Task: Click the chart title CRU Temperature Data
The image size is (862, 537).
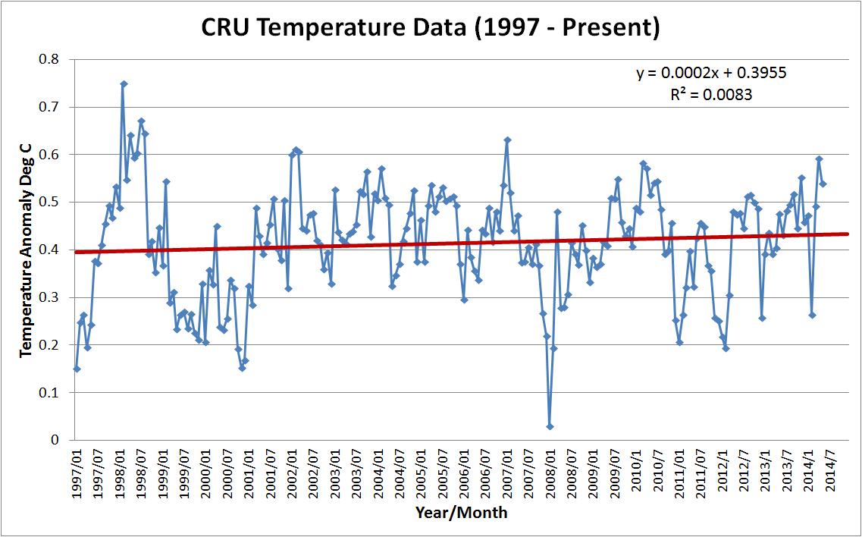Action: point(431,27)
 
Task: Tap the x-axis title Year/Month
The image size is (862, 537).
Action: point(461,513)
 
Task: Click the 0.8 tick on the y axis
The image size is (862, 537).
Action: point(52,59)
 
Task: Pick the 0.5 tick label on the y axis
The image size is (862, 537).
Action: point(52,202)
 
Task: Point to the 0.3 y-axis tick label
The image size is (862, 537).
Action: point(52,297)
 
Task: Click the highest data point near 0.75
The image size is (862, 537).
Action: point(124,84)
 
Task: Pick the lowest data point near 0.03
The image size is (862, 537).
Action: point(550,426)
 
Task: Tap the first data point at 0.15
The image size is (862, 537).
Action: point(77,369)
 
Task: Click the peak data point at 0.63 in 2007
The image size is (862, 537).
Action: point(507,140)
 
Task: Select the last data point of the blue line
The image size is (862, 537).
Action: point(823,184)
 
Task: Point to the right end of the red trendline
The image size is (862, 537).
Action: point(848,234)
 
